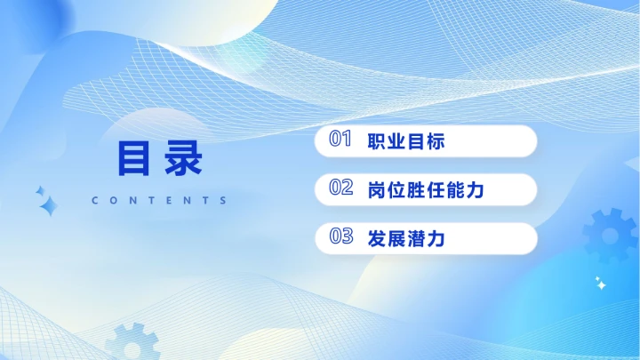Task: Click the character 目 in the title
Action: tap(133, 159)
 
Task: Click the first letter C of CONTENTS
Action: tap(95, 201)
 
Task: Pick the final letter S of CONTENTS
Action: tap(224, 201)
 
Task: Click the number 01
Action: tap(341, 140)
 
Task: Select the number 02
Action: tap(341, 188)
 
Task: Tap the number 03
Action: tap(341, 236)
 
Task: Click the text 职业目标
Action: tap(405, 141)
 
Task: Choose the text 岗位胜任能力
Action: tap(425, 189)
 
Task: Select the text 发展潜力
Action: tap(405, 238)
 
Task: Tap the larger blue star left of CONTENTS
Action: tap(49, 207)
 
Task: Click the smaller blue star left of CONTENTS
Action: tap(39, 191)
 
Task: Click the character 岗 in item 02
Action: tap(376, 189)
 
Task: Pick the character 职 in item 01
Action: tap(376, 141)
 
